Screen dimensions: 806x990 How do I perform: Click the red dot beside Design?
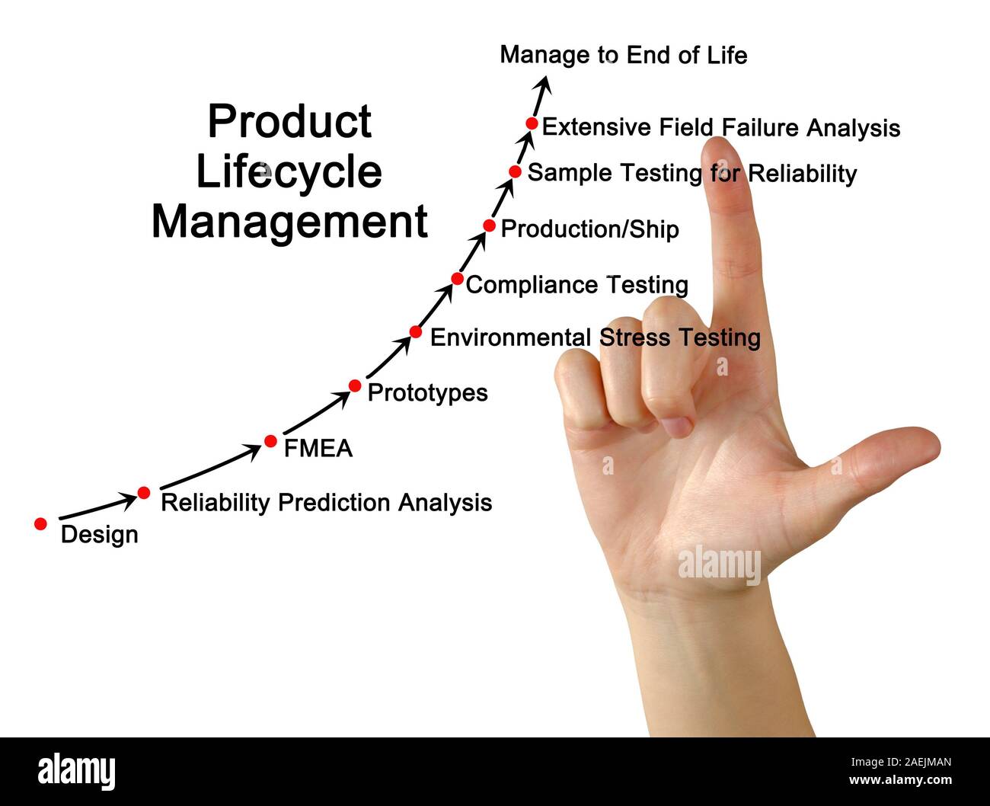41,524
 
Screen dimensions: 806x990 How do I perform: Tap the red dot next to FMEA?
270,441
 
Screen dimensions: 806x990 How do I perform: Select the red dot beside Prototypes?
355,386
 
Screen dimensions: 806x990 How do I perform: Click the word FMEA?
318,449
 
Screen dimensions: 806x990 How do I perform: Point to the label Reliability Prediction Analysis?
326,503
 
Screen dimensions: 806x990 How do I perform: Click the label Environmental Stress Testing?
595,337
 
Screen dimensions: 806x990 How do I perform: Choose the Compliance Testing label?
576,285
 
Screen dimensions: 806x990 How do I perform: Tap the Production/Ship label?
589,229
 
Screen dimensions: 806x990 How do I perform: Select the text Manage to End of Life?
623,55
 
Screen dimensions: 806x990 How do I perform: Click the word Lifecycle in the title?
289,172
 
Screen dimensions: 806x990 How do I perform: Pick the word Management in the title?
289,222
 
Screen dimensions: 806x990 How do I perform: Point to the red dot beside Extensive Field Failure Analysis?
532,123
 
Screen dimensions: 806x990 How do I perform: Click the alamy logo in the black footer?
76,771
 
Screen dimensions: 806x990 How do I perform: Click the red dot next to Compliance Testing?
457,279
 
